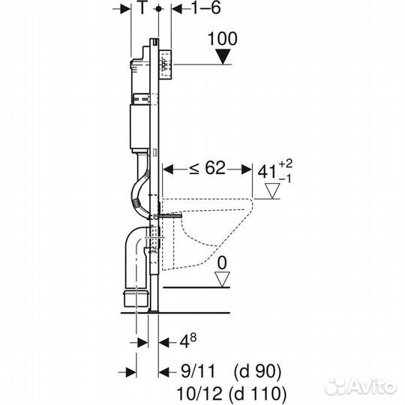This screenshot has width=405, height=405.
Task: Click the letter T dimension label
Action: pyautogui.click(x=142, y=7)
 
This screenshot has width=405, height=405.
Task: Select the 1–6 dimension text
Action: pyautogui.click(x=206, y=7)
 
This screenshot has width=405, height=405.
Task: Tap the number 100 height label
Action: pyautogui.click(x=223, y=39)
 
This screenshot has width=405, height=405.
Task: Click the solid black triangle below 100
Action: pyautogui.click(x=223, y=57)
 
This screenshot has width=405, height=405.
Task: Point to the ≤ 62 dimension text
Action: pyautogui.click(x=208, y=168)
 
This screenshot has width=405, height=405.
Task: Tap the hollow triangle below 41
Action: pyautogui.click(x=272, y=191)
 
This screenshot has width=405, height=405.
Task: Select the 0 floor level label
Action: pyautogui.click(x=222, y=263)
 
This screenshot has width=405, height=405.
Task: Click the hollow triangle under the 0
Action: pyautogui.click(x=222, y=279)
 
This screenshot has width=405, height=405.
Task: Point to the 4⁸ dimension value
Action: pyautogui.click(x=188, y=341)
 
